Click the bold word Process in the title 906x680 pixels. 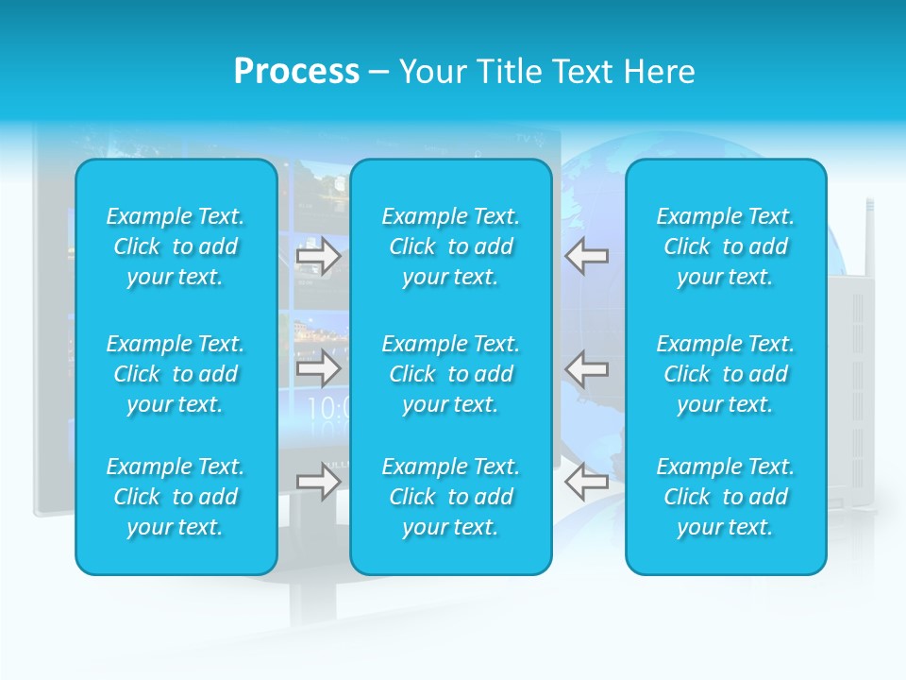296,72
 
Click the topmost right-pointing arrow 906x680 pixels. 318,256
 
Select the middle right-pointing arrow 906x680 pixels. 318,368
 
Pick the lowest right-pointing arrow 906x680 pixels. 318,482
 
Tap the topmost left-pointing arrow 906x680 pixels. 587,256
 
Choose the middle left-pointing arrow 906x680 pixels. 587,368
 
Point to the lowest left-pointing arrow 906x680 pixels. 587,482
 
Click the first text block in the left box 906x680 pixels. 176,246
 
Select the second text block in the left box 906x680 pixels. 176,374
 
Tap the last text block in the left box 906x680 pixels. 176,497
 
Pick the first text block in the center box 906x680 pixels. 450,246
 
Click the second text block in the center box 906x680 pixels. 450,374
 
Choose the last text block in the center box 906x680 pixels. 450,497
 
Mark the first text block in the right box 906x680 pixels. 725,246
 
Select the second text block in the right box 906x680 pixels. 725,374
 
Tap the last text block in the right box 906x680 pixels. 725,497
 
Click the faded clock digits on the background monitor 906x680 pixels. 327,408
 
